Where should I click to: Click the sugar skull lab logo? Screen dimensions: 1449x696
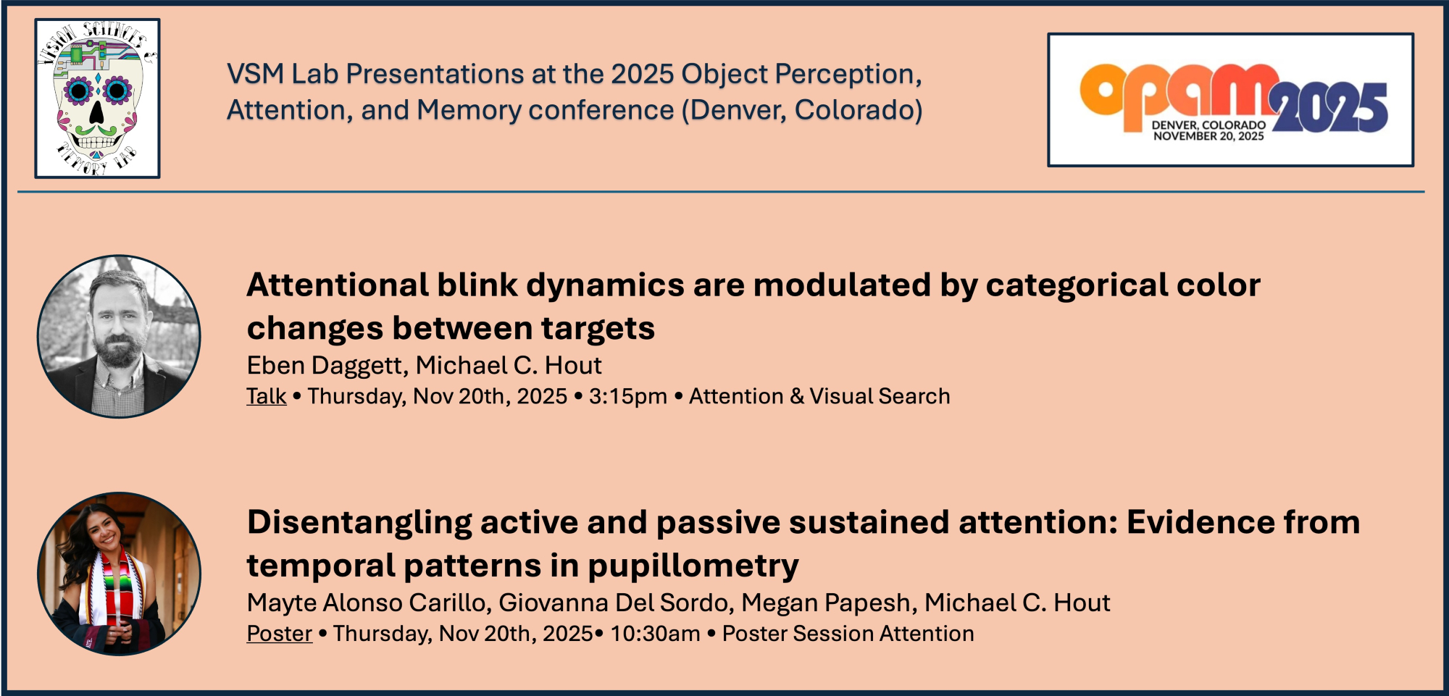pos(97,98)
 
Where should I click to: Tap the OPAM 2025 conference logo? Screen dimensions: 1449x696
pos(1230,100)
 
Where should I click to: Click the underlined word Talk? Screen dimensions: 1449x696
pos(267,396)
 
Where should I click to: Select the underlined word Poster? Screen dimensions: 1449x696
pos(280,633)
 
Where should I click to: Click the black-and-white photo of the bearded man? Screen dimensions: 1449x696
pos(119,336)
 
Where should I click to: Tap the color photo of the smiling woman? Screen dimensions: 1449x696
pos(119,574)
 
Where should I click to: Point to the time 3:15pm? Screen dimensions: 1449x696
pos(627,397)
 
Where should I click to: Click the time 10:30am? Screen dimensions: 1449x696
pos(655,634)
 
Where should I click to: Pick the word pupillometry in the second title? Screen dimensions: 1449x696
pos(693,566)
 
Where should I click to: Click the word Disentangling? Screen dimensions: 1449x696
pos(359,523)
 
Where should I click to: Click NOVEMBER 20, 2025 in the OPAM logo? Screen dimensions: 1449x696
pos(1208,136)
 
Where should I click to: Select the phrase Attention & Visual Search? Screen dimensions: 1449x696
pos(819,396)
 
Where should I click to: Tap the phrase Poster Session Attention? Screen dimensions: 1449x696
pos(848,633)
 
